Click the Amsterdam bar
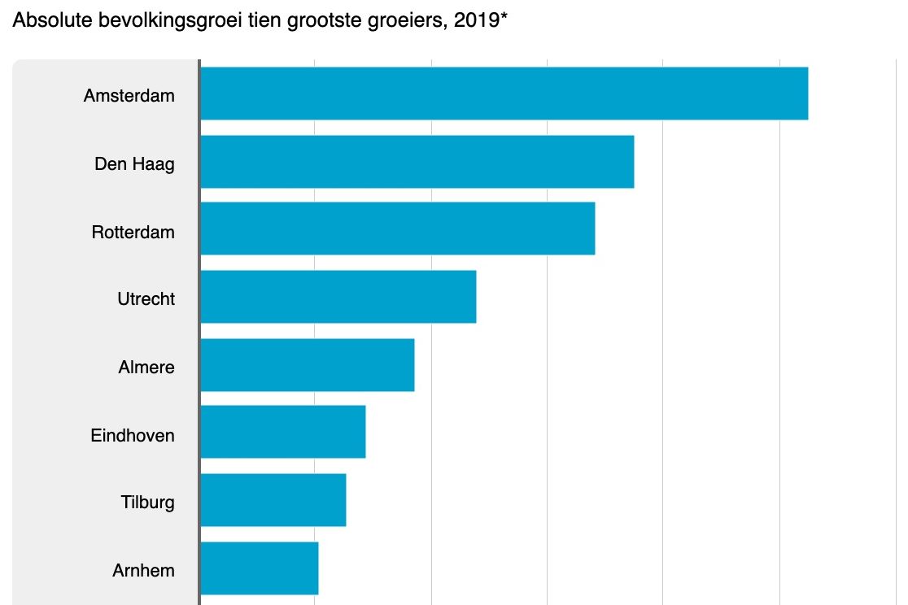tap(504, 94)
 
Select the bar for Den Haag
tap(417, 161)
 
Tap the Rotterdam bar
tap(397, 229)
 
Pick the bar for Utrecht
tap(338, 297)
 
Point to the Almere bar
tap(307, 365)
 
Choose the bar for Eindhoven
tap(282, 432)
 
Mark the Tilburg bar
tap(273, 500)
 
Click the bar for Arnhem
tap(259, 568)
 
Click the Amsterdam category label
tap(129, 95)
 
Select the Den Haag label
tap(134, 164)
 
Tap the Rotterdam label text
tap(133, 232)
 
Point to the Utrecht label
tap(146, 298)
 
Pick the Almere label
tap(146, 367)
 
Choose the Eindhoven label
tap(132, 435)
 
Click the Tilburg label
tap(147, 503)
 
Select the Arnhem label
tap(143, 570)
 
